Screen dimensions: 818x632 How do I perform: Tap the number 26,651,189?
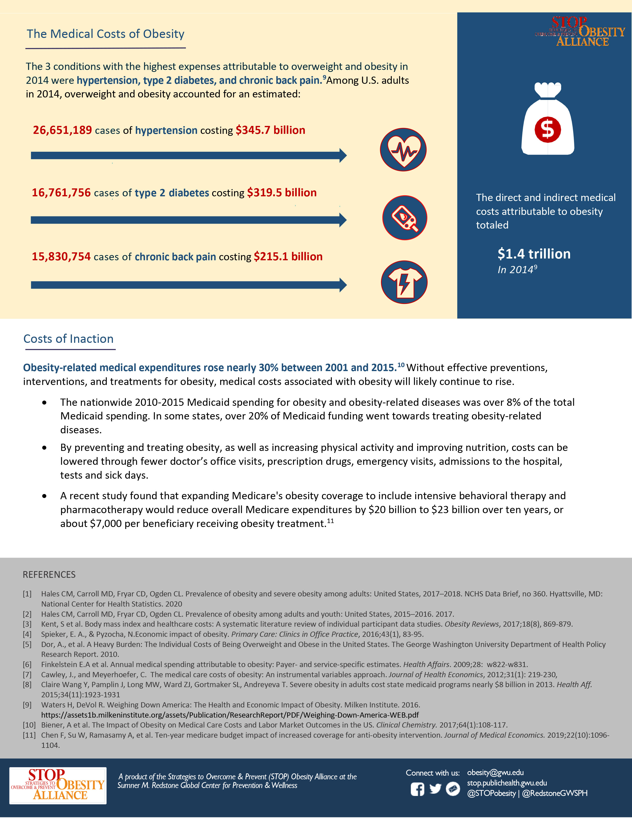(x=62, y=130)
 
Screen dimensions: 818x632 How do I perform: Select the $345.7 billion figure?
(x=270, y=130)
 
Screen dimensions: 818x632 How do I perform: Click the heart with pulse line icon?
(x=403, y=150)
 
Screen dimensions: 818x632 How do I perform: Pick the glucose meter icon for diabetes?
(x=404, y=218)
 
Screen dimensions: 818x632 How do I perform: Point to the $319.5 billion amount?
(x=282, y=193)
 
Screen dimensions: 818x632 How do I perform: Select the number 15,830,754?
(x=61, y=257)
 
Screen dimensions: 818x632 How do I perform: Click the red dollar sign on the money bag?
(x=547, y=129)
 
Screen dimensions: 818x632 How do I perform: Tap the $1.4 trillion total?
(x=534, y=254)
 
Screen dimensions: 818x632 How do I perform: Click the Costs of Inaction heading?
(x=68, y=339)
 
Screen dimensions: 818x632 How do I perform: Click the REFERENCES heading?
(x=49, y=575)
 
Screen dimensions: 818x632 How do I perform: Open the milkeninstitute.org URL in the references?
(x=230, y=715)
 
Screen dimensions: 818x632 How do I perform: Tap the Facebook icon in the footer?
(x=417, y=789)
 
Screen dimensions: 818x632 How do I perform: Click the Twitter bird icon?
(x=435, y=789)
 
